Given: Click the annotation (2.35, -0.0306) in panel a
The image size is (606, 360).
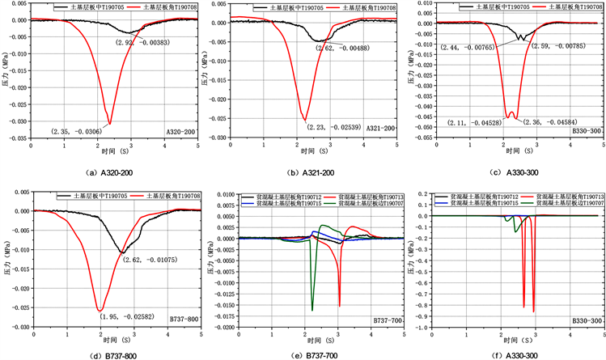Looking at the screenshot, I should [77, 131].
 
